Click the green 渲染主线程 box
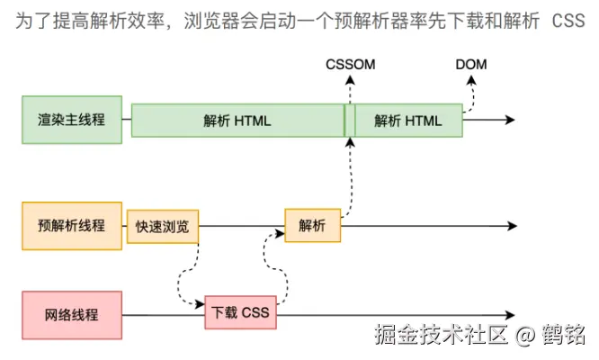pyautogui.click(x=72, y=120)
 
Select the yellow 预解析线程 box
pyautogui.click(x=72, y=226)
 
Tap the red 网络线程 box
pyautogui.click(x=72, y=315)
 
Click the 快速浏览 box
pyautogui.click(x=162, y=227)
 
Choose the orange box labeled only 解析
pyautogui.click(x=313, y=226)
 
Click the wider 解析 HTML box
pyautogui.click(x=237, y=121)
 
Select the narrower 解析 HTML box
pyautogui.click(x=408, y=121)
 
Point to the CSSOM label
pyautogui.click(x=351, y=65)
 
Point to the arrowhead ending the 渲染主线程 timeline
pyautogui.click(x=509, y=120)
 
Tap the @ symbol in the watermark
pyautogui.click(x=526, y=337)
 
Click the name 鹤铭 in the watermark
pyautogui.click(x=563, y=337)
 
